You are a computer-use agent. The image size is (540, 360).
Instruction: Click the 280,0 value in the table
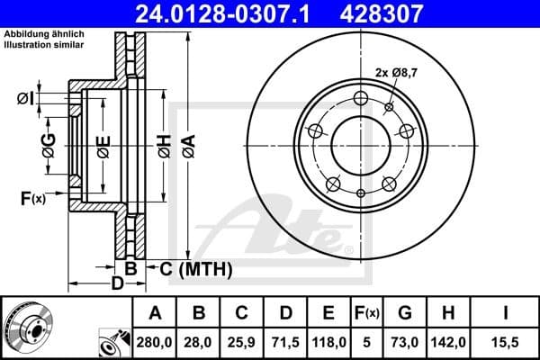point(155,343)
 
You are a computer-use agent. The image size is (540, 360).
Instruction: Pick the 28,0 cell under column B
point(199,343)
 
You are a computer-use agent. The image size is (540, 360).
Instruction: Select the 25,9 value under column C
point(242,343)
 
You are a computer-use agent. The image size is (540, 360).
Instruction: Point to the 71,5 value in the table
point(285,343)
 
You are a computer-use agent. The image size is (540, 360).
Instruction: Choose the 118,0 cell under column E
point(328,343)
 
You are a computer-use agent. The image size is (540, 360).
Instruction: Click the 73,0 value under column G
point(405,343)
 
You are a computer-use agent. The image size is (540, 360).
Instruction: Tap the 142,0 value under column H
point(448,343)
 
